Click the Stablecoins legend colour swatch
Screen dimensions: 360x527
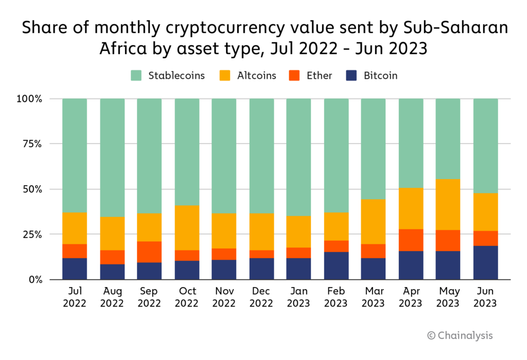136,76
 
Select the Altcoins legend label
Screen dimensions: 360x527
256,76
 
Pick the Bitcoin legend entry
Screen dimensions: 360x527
380,76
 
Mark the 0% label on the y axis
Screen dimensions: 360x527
37,280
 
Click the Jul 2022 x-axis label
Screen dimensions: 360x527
75,297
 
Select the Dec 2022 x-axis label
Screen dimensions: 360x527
261,297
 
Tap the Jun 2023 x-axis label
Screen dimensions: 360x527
486,297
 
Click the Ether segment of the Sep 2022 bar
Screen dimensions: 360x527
149,252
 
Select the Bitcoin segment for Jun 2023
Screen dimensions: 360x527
486,263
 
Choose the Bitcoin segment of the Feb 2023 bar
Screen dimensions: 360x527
336,265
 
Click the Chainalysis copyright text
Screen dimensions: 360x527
460,335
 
